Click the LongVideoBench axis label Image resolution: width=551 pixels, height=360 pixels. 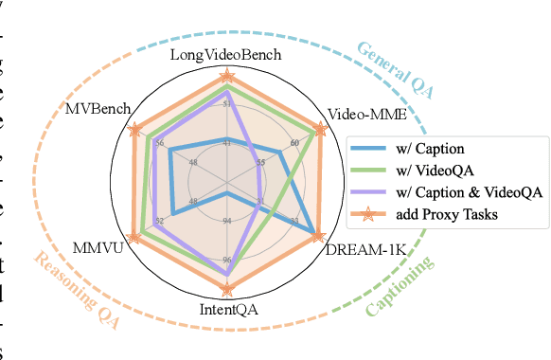pos(226,55)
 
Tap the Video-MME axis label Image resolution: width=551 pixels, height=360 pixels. pos(366,115)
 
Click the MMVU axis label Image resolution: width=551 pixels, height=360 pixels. pos(95,251)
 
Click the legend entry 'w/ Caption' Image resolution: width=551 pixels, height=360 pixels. pos(424,149)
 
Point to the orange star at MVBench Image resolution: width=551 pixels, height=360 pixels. pos(135,128)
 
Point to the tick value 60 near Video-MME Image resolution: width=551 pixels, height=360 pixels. pos(294,143)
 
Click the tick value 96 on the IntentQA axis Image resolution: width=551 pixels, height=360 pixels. pos(227,259)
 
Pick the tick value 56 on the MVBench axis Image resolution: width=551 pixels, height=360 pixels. pos(158,144)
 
